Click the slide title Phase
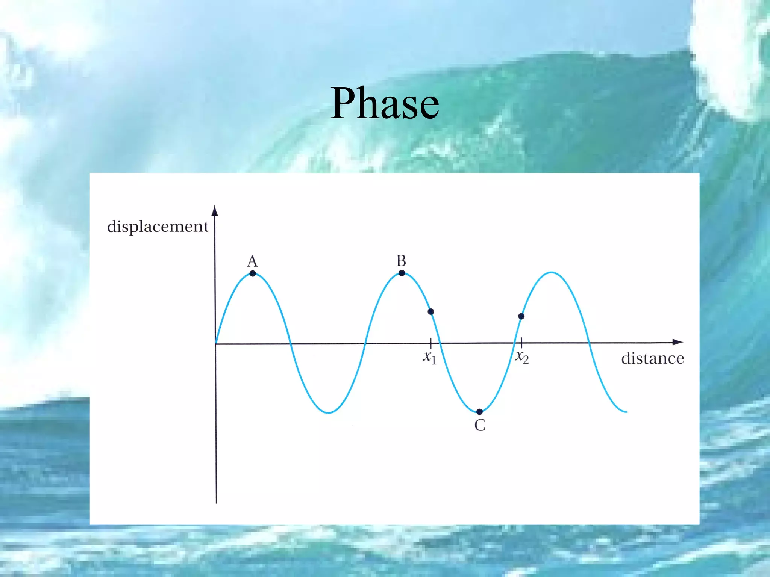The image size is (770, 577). [x=385, y=103]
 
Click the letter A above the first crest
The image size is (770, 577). [x=252, y=261]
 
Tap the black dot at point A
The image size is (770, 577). [x=253, y=273]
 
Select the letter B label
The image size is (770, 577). [x=401, y=261]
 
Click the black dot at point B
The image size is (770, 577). [x=402, y=273]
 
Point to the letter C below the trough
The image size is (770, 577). [x=480, y=425]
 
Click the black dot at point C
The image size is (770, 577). [x=479, y=412]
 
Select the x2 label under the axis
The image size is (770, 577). [x=522, y=357]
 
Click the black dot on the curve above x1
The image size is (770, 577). [x=431, y=311]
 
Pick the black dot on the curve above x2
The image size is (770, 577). [x=521, y=316]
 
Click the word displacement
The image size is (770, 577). [x=158, y=227]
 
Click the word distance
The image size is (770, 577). [x=652, y=358]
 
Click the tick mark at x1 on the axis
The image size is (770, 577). [x=430, y=343]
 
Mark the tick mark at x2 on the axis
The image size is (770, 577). [x=521, y=343]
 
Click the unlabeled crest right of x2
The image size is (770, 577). [x=552, y=272]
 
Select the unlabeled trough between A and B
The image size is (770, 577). [x=329, y=412]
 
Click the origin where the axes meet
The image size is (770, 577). [x=216, y=343]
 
